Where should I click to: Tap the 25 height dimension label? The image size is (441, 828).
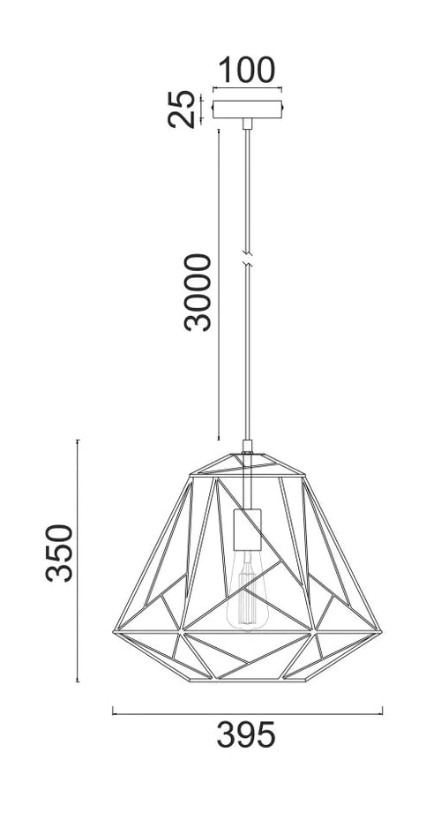[183, 109]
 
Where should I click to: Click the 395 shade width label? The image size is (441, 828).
[247, 734]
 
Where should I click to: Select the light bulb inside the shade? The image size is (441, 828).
[248, 600]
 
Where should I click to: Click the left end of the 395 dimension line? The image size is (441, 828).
[113, 709]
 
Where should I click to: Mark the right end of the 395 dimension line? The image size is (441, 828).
[381, 709]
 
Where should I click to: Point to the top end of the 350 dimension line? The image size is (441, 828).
[78, 440]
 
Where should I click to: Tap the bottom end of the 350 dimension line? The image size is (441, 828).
[78, 681]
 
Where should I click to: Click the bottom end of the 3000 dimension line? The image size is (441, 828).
[217, 440]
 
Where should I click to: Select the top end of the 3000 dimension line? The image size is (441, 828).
[217, 130]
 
